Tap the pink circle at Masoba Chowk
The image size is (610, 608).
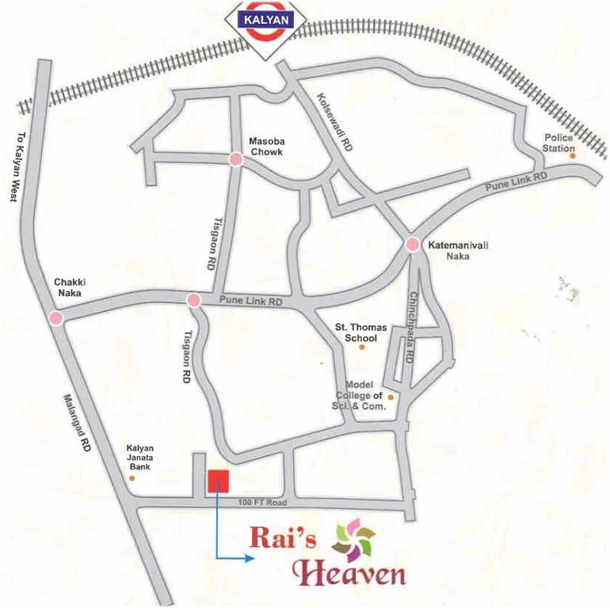[x=235, y=160]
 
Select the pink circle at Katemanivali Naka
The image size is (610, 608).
[x=413, y=245]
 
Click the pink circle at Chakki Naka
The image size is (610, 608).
[x=55, y=318]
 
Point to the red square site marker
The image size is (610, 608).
[x=219, y=481]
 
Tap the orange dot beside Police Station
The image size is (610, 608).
[x=573, y=156]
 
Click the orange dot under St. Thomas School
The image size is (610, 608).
[x=363, y=348]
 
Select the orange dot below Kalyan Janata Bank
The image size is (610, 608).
[x=132, y=477]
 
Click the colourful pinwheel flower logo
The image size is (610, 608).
[x=353, y=541]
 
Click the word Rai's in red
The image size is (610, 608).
[x=283, y=538]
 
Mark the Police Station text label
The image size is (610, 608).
[x=559, y=142]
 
